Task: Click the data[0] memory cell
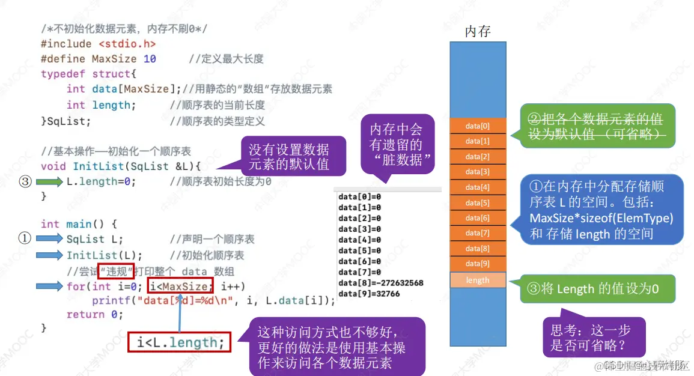click(478, 126)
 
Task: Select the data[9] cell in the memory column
click(478, 264)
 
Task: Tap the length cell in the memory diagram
click(478, 280)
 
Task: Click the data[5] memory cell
click(478, 202)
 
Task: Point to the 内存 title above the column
click(478, 31)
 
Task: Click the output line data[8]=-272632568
click(381, 283)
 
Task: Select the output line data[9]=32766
click(369, 294)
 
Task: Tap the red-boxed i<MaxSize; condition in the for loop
click(181, 287)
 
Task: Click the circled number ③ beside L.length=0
click(25, 181)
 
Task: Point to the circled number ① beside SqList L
click(25, 238)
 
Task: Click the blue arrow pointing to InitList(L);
click(49, 255)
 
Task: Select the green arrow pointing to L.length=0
click(49, 181)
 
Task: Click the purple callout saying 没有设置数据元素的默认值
click(288, 157)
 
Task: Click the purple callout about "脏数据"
click(395, 145)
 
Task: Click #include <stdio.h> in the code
click(99, 44)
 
